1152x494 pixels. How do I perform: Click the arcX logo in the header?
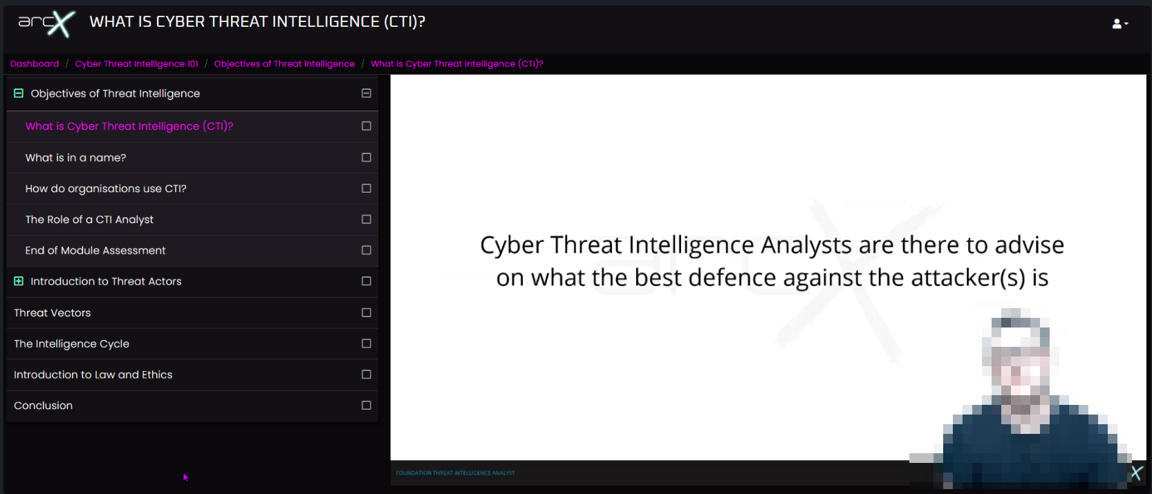pyautogui.click(x=46, y=23)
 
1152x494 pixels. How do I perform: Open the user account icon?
pyautogui.click(x=1120, y=23)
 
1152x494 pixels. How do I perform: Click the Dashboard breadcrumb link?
pyautogui.click(x=35, y=64)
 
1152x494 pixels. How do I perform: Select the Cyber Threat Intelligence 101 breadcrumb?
pyautogui.click(x=136, y=64)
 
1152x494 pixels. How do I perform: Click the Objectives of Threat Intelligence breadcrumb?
pyautogui.click(x=284, y=64)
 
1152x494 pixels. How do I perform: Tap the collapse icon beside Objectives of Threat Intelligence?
pyautogui.click(x=19, y=93)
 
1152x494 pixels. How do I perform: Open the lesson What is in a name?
pyautogui.click(x=75, y=158)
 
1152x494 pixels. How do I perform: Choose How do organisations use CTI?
pyautogui.click(x=106, y=189)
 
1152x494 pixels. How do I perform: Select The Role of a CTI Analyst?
pyautogui.click(x=89, y=220)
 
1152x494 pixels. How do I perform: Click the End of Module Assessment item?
pyautogui.click(x=95, y=250)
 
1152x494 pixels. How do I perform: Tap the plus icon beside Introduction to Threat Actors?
pyautogui.click(x=19, y=281)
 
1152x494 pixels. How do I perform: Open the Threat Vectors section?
pyautogui.click(x=53, y=313)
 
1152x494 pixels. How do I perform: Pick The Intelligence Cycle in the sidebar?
pyautogui.click(x=71, y=343)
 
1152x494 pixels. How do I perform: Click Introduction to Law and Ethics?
pyautogui.click(x=93, y=374)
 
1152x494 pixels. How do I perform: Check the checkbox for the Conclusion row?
pyautogui.click(x=366, y=406)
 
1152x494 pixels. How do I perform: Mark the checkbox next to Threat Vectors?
pyautogui.click(x=366, y=313)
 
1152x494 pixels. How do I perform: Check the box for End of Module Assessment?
pyautogui.click(x=366, y=250)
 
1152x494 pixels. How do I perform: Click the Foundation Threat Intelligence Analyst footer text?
pyautogui.click(x=455, y=473)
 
